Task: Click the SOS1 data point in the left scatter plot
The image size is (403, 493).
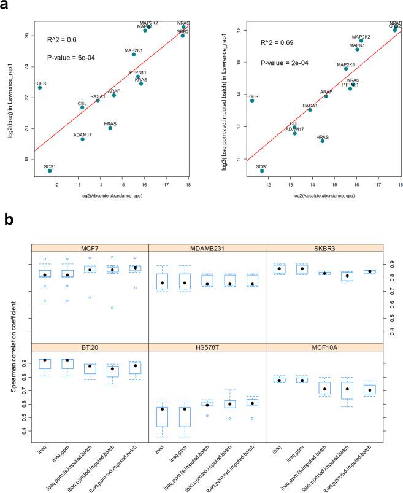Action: [50, 170]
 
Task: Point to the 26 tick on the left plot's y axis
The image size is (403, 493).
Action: [25, 36]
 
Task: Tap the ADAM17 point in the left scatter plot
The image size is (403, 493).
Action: [82, 139]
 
